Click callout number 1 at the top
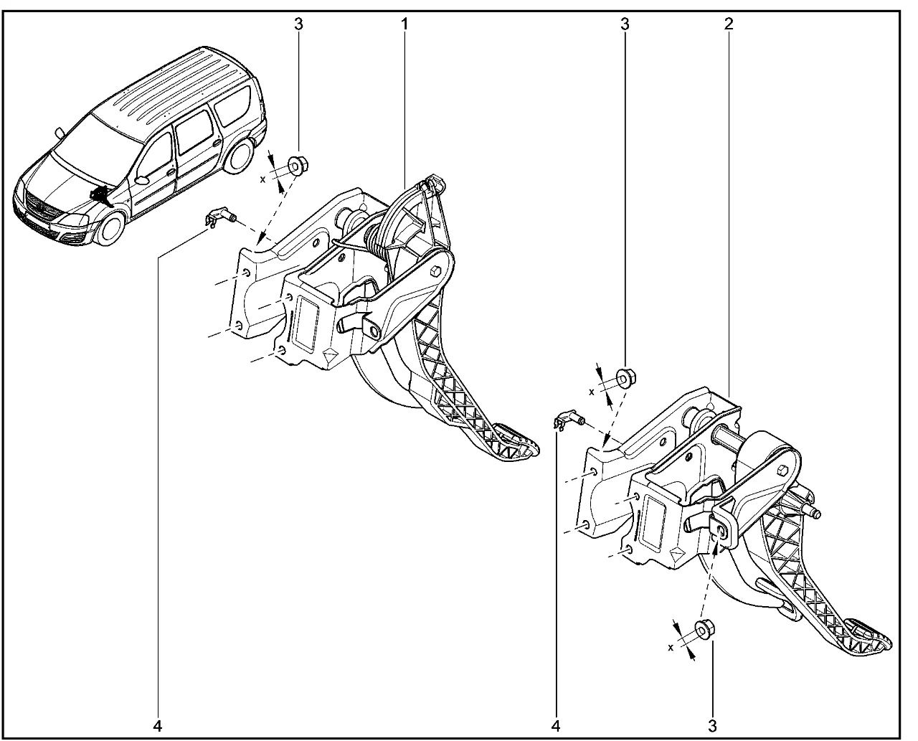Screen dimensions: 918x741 pyautogui.click(x=404, y=24)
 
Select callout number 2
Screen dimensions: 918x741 pyautogui.click(x=729, y=24)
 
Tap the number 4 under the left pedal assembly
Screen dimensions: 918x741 pyautogui.click(x=158, y=726)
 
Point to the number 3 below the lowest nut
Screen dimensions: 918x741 pyautogui.click(x=712, y=726)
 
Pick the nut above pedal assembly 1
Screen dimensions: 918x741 pyautogui.click(x=298, y=166)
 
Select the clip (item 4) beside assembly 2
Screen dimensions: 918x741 pyautogui.click(x=568, y=419)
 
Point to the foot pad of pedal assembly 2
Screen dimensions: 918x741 pyautogui.click(x=866, y=643)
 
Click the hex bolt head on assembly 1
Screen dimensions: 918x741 pyautogui.click(x=435, y=271)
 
